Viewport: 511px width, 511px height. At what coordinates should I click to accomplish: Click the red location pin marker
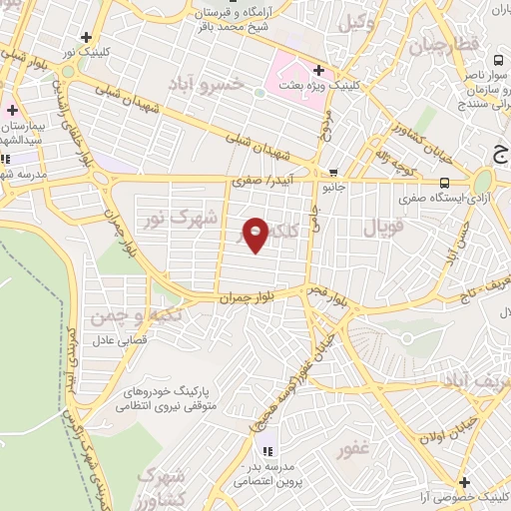256,234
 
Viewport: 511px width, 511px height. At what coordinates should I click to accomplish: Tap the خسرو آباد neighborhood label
237,84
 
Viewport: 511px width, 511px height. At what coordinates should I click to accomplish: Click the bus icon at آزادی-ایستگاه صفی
444,182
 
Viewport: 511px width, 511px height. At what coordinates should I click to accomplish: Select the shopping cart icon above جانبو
332,172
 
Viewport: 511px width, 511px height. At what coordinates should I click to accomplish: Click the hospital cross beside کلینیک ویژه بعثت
318,71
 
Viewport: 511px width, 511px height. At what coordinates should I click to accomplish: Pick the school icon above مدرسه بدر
266,443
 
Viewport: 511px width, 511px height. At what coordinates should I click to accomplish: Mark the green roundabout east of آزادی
483,180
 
